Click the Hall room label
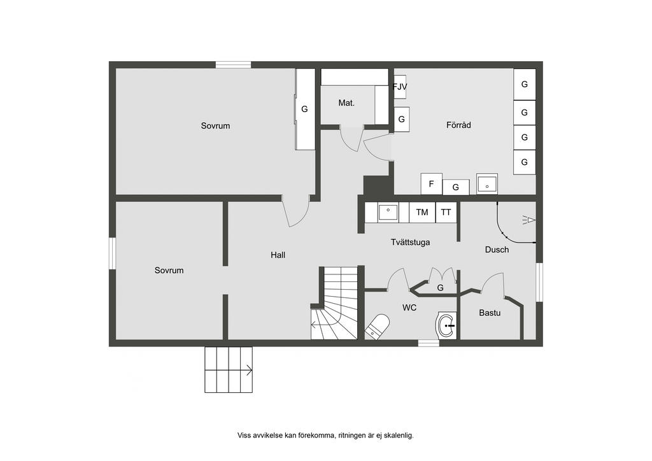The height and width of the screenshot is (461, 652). click(278, 255)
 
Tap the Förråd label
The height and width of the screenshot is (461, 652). click(458, 125)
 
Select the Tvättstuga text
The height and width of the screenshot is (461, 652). click(410, 242)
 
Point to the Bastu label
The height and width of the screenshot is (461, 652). click(490, 313)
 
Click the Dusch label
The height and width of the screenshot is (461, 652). click(497, 250)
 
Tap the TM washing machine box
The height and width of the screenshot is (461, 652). click(422, 213)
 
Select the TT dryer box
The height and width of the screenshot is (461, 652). click(446, 213)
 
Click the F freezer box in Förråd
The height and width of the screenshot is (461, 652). click(431, 184)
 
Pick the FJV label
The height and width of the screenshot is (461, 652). click(400, 87)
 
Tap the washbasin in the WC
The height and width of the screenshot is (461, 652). click(446, 326)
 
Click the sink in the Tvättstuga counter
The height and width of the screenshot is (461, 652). click(388, 213)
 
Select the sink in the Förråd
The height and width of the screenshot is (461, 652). click(487, 184)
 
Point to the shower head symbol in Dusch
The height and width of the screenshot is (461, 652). click(528, 220)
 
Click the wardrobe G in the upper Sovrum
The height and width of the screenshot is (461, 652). click(305, 109)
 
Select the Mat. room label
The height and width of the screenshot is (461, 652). click(346, 103)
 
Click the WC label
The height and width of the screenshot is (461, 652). click(409, 308)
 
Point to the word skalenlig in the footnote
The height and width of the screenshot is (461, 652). click(398, 436)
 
